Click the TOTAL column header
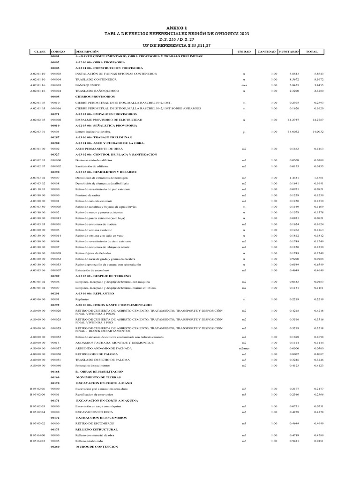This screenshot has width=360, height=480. (x=312, y=51)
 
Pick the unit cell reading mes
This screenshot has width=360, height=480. (x=244, y=86)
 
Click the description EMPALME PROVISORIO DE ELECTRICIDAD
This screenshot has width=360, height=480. (x=108, y=120)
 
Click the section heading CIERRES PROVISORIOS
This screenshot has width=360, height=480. (x=94, y=97)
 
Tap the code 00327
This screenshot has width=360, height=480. (x=55, y=154)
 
